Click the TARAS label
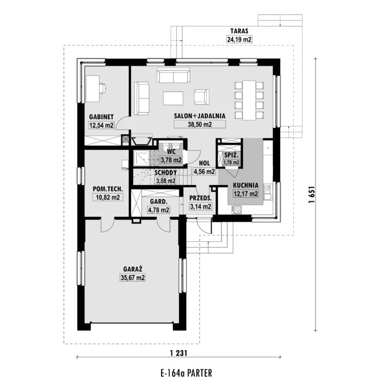pyautogui.click(x=239, y=31)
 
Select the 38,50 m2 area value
pyautogui.click(x=200, y=124)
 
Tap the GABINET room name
pyautogui.click(x=101, y=117)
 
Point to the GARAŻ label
pyautogui.click(x=133, y=269)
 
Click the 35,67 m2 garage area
pyautogui.click(x=133, y=277)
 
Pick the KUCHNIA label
pyautogui.click(x=245, y=185)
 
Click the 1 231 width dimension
pyautogui.click(x=179, y=353)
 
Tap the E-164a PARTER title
pyautogui.click(x=186, y=373)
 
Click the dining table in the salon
pyautogui.click(x=249, y=100)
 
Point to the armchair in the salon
pyautogui.click(x=201, y=97)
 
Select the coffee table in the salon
pyautogui.click(x=173, y=98)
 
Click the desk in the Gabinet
pyautogui.click(x=92, y=89)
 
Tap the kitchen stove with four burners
pyautogui.click(x=237, y=210)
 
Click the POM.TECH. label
pyautogui.click(x=108, y=189)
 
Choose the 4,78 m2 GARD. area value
pyautogui.click(x=159, y=210)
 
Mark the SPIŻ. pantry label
pyautogui.click(x=231, y=155)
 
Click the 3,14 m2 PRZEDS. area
pyautogui.click(x=200, y=207)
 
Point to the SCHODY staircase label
pyautogui.click(x=166, y=173)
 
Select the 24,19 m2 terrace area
pyautogui.click(x=239, y=39)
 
